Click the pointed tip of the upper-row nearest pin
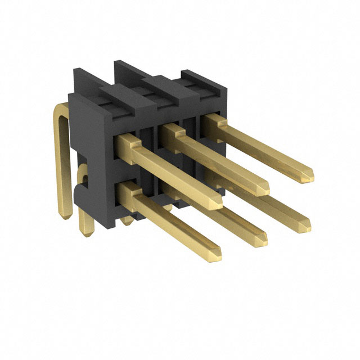tap(218, 202)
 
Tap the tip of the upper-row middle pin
tap(264, 188)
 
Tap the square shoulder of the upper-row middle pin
tap(172, 133)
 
